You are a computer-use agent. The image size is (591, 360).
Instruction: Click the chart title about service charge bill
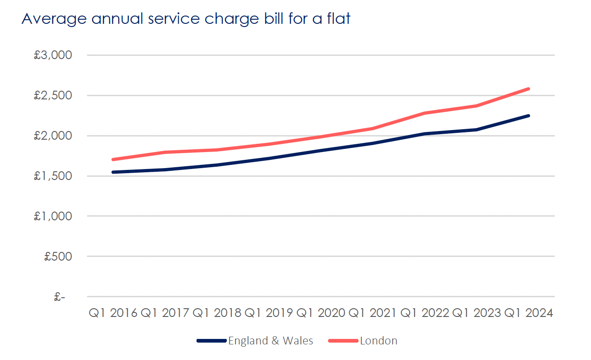pyautogui.click(x=186, y=19)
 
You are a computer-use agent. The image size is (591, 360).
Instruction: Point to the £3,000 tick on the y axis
pyautogui.click(x=53, y=55)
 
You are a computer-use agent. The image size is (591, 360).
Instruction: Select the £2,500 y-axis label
pyautogui.click(x=53, y=96)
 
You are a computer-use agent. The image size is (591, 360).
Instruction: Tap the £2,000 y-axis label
pyautogui.click(x=53, y=136)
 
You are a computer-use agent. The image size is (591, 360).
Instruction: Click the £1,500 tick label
pyautogui.click(x=53, y=176)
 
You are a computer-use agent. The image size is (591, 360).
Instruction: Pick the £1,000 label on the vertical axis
pyautogui.click(x=53, y=216)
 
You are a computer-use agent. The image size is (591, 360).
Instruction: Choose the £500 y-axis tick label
pyautogui.click(x=58, y=256)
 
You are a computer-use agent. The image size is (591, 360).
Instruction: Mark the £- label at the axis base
pyautogui.click(x=60, y=297)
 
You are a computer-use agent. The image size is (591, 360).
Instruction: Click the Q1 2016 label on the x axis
pyautogui.click(x=113, y=313)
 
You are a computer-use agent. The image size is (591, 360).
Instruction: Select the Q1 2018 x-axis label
pyautogui.click(x=217, y=313)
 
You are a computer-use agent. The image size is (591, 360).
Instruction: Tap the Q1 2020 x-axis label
pyautogui.click(x=321, y=313)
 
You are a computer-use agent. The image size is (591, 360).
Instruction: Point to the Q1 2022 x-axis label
pyautogui.click(x=425, y=313)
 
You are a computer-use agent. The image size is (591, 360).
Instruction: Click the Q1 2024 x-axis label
pyautogui.click(x=529, y=313)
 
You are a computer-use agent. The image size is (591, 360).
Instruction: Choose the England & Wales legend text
pyautogui.click(x=271, y=341)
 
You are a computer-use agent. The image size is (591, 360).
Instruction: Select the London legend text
pyautogui.click(x=379, y=341)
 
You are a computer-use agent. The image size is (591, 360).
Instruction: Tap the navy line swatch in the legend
pyautogui.click(x=212, y=341)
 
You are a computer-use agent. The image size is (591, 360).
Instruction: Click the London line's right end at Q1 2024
pyautogui.click(x=529, y=89)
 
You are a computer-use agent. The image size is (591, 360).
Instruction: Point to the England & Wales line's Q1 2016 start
pyautogui.click(x=113, y=172)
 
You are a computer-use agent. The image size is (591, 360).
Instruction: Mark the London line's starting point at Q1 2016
pyautogui.click(x=113, y=159)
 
